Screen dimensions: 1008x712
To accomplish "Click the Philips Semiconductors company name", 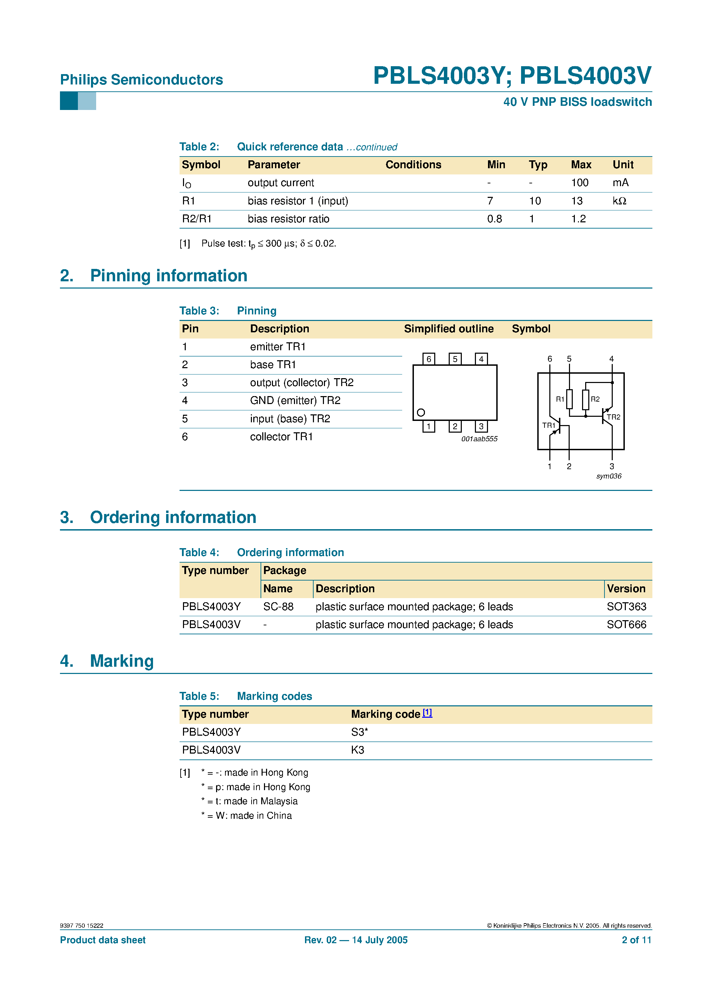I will (141, 80).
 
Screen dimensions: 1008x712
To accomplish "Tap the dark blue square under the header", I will (69, 101).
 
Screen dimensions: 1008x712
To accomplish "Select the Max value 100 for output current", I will (579, 183).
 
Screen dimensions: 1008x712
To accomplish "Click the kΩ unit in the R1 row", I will (619, 201).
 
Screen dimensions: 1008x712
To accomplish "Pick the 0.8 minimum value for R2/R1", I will (494, 219).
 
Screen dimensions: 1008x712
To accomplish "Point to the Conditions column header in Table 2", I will (413, 165).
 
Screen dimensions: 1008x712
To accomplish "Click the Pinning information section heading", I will (169, 276).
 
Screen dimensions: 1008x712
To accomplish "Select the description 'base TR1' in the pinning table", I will (273, 365).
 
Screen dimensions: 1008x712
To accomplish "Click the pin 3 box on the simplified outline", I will (481, 426).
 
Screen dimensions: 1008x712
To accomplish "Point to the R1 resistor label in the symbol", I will (560, 399).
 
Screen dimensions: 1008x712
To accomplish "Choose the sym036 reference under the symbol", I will (608, 476).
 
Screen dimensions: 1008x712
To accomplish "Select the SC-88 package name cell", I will (278, 607).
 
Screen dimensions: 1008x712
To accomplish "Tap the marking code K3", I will (357, 750).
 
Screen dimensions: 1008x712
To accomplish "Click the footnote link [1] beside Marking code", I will (427, 713).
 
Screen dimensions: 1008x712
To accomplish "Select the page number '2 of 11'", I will (636, 940).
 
